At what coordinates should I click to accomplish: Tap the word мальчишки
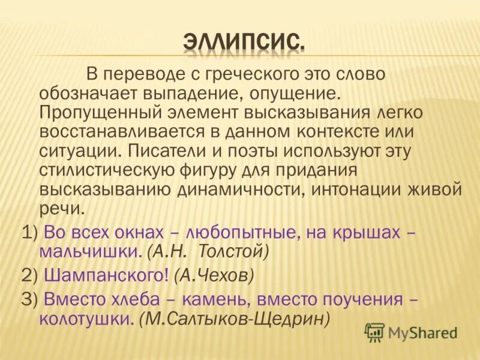pyautogui.click(x=90, y=252)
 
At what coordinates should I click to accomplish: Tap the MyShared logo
pyautogui.click(x=411, y=332)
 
